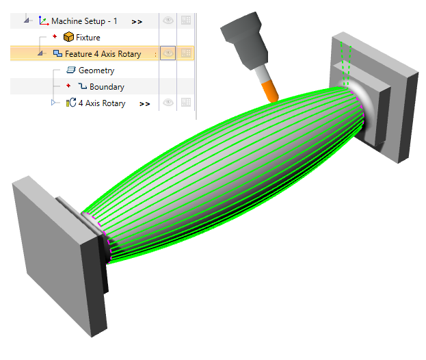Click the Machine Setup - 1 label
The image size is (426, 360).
(x=84, y=21)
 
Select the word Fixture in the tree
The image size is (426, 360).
(x=88, y=38)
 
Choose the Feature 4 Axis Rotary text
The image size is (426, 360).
(x=103, y=54)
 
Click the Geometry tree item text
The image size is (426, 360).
(x=96, y=70)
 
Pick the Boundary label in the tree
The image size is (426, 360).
(x=107, y=87)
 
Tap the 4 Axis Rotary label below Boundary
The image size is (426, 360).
(x=102, y=103)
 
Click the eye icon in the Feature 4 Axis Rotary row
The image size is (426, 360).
(x=168, y=53)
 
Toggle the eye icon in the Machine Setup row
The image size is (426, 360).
(x=168, y=21)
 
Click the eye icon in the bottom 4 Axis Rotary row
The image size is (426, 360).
(x=168, y=103)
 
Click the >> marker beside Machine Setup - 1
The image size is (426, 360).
(x=137, y=22)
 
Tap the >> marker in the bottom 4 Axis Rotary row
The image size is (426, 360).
(x=144, y=104)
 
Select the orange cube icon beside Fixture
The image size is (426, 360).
(x=68, y=37)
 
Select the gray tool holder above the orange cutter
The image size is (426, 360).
(x=243, y=41)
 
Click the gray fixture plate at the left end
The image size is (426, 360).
(x=48, y=246)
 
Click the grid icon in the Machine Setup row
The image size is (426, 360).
(x=186, y=21)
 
